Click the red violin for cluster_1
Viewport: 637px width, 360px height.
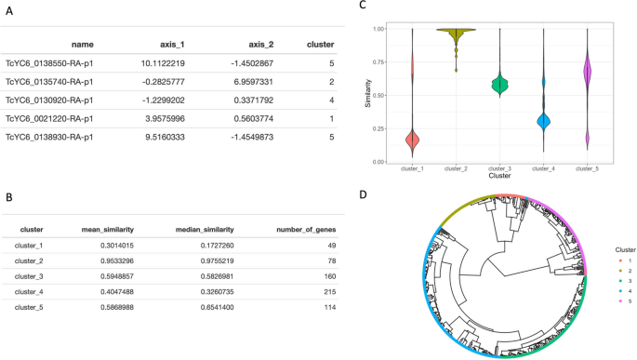pyautogui.click(x=411, y=140)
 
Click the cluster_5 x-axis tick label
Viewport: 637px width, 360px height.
pyautogui.click(x=588, y=168)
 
